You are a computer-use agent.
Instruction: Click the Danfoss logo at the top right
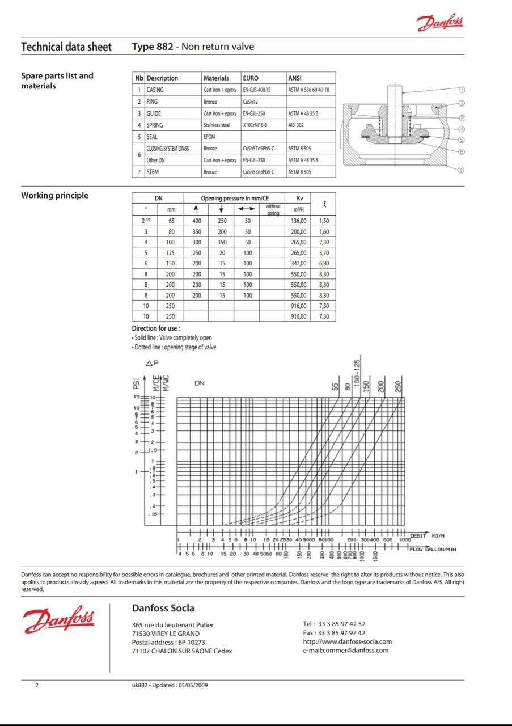click(x=440, y=23)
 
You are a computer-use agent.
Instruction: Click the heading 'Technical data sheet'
click(x=66, y=47)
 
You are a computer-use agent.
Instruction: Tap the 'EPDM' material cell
click(x=210, y=137)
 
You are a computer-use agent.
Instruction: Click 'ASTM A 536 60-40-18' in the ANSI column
click(x=308, y=90)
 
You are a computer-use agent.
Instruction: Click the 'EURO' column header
click(x=251, y=78)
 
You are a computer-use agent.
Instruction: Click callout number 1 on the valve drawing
click(x=462, y=169)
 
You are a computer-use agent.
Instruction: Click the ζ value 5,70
click(x=324, y=253)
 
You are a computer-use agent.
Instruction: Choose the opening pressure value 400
click(x=197, y=221)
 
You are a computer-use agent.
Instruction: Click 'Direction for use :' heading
click(x=156, y=328)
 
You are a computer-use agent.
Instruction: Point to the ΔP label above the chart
click(x=153, y=363)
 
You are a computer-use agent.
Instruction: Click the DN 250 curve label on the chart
click(x=398, y=387)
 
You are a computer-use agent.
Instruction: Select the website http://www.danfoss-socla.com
click(x=347, y=641)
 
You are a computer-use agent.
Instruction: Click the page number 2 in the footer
click(x=37, y=685)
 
